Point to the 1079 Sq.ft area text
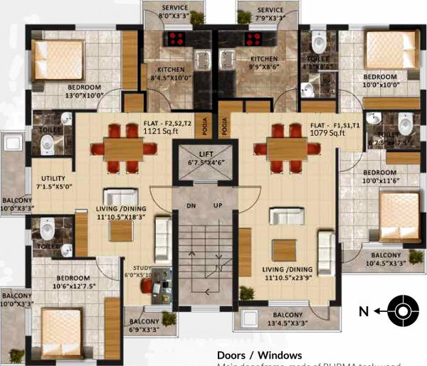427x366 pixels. [x=327, y=132]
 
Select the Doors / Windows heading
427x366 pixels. [x=259, y=355]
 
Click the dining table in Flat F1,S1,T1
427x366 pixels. [x=283, y=149]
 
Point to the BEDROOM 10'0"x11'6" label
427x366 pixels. [x=380, y=177]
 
